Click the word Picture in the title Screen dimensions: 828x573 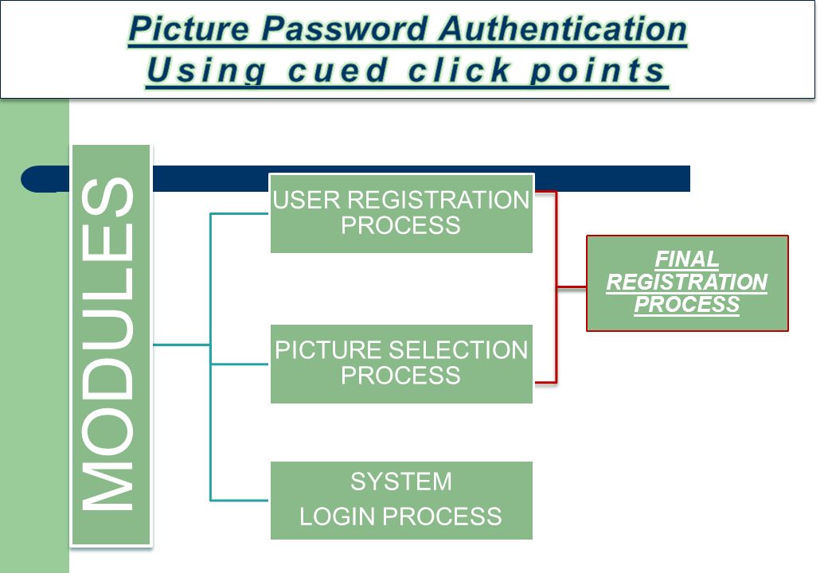pos(189,29)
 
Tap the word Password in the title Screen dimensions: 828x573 pos(344,29)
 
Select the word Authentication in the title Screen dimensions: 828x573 pos(563,29)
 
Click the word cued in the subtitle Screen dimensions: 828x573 pos(338,70)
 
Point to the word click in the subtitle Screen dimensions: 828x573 pos(459,70)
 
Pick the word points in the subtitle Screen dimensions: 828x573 pos(597,71)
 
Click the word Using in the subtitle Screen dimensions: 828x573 pos(206,71)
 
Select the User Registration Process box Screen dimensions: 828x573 pos(401,214)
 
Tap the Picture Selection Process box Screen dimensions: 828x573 pos(401,364)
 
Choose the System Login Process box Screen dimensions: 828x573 pos(401,501)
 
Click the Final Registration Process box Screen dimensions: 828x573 pos(687,283)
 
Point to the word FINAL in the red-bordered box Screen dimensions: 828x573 pos(686,259)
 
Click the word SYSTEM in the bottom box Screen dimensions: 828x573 pos(401,481)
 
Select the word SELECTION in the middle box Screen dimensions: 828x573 pos(458,350)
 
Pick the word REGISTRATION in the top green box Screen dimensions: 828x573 pos(438,200)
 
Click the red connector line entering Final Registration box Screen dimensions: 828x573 pos(572,287)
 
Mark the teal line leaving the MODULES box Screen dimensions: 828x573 pos(182,345)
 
